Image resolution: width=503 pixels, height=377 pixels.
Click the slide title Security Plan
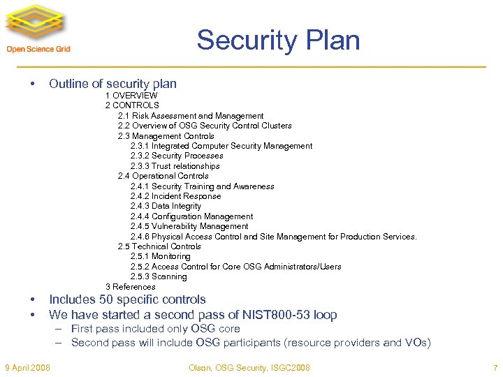coord(278,40)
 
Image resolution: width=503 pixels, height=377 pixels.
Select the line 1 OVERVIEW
coord(131,95)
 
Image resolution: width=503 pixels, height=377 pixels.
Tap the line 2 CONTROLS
coord(132,105)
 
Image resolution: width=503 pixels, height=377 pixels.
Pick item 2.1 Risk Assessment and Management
coord(191,116)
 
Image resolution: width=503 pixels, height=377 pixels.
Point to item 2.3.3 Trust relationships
coord(175,166)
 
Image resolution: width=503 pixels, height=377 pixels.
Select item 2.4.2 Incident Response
coord(175,196)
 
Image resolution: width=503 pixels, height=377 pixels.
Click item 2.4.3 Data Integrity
coord(166,206)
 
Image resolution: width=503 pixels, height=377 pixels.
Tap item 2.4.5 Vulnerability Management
coord(189,226)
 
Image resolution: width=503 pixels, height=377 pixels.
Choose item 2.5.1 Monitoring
coord(160,256)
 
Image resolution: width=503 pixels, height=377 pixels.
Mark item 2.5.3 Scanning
coord(159,276)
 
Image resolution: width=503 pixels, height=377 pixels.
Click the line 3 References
coord(131,287)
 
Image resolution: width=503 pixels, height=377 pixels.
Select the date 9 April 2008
coord(27,368)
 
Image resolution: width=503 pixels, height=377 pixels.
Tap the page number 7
coord(494,368)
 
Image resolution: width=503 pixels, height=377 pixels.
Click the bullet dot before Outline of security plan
coord(34,84)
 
